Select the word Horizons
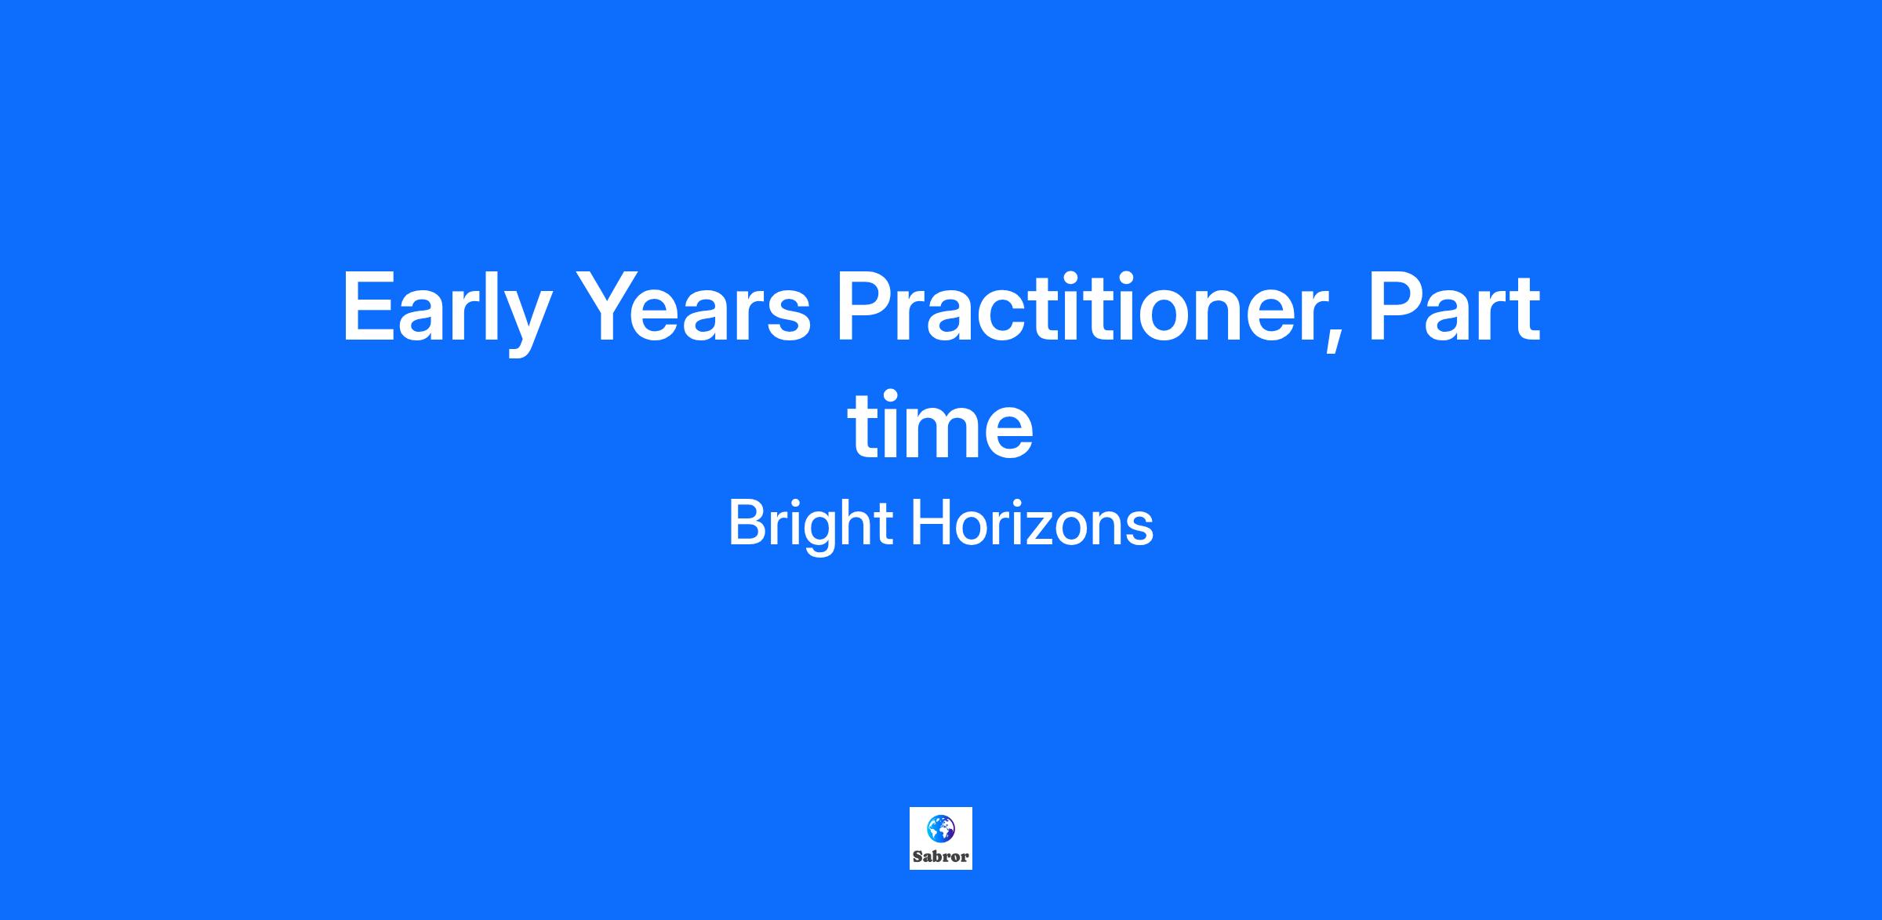(1032, 523)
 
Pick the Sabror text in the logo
(940, 856)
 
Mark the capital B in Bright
(748, 523)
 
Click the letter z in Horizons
(1049, 529)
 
